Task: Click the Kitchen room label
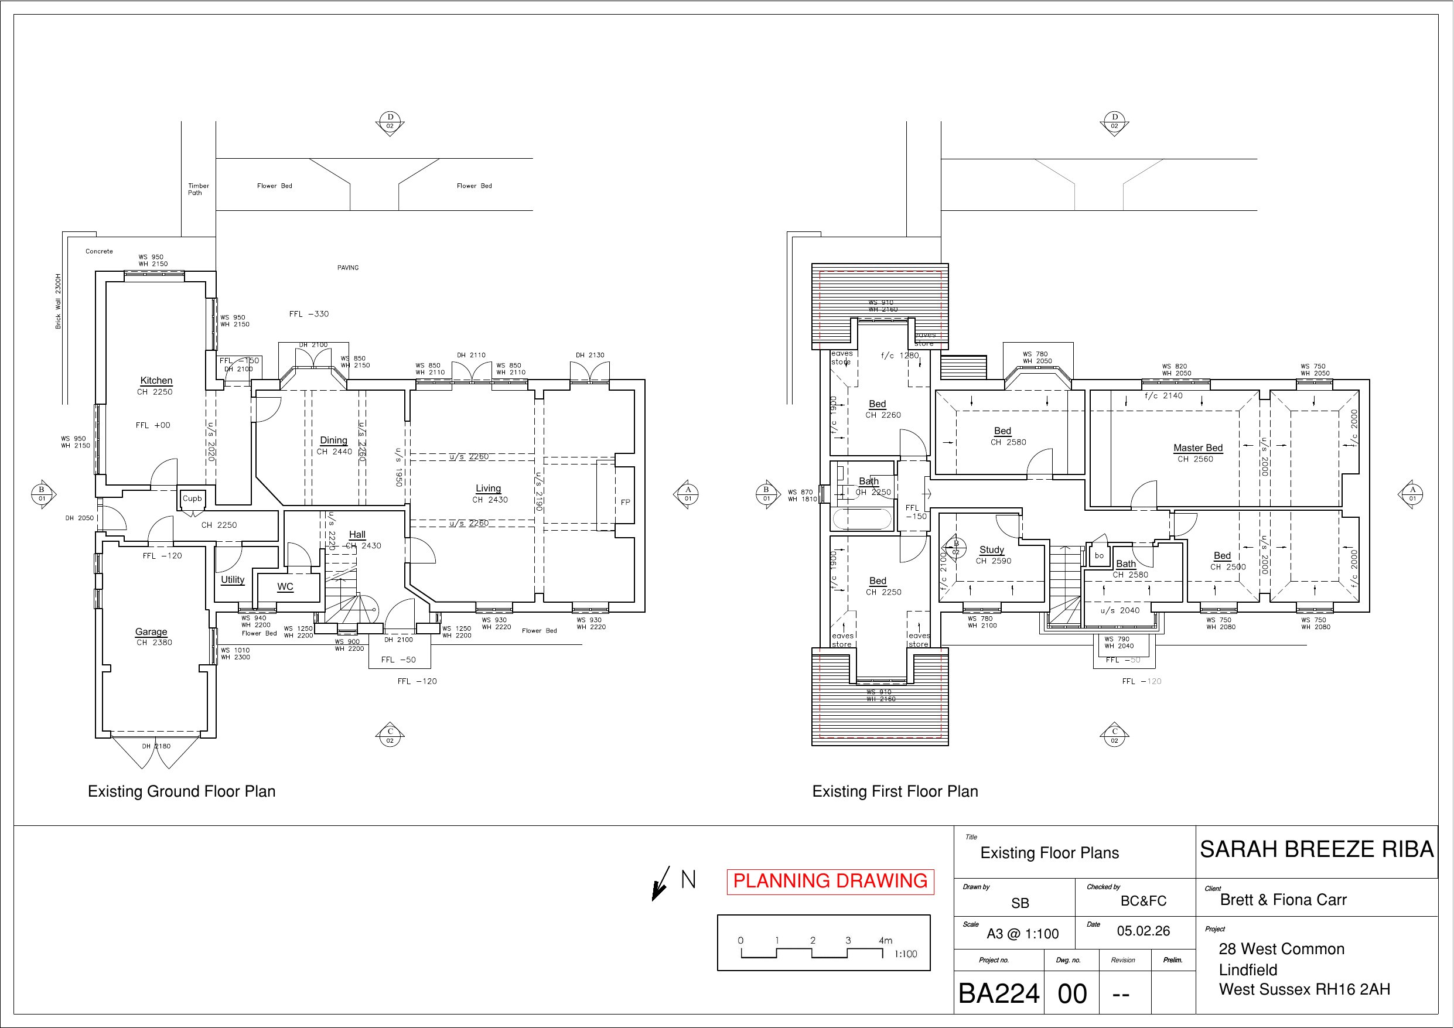(156, 381)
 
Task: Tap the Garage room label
(151, 631)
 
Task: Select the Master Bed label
(1197, 448)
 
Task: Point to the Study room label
(992, 550)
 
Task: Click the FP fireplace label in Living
(625, 502)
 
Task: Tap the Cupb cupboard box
(192, 498)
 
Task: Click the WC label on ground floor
(285, 586)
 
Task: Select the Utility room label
(233, 579)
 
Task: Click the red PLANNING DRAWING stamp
(830, 881)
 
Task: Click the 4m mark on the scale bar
(885, 941)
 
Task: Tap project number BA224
(999, 993)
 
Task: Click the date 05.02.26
(1143, 931)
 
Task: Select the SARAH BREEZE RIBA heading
(1316, 849)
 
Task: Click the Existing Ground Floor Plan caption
(181, 791)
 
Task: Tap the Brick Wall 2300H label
(58, 302)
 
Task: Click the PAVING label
(347, 268)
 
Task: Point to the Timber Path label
(197, 189)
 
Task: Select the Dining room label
(333, 440)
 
